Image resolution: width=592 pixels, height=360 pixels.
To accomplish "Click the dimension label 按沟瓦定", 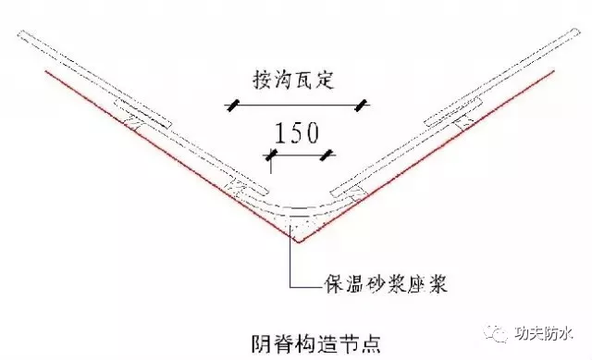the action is (293, 81).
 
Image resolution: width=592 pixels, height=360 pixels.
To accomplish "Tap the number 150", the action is (296, 133).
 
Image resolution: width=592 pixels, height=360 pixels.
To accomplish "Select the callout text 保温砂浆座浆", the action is (386, 283).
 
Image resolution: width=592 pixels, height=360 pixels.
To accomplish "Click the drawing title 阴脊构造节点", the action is (315, 343).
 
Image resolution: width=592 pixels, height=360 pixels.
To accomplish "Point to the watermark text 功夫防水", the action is (544, 333).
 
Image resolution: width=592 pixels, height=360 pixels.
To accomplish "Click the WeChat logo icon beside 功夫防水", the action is (496, 333).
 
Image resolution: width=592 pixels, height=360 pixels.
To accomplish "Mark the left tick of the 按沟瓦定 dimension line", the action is (232, 105).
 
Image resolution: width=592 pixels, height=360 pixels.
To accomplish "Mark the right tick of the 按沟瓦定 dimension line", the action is (361, 105).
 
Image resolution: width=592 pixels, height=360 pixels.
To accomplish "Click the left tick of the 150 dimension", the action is (271, 155).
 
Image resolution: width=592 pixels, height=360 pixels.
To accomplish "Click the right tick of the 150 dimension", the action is (327, 155).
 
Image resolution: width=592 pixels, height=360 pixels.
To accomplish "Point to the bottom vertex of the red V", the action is (298, 242).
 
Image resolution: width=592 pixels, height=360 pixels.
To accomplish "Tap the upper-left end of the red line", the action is (46, 71).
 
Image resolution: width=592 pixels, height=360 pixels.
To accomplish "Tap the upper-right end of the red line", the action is (553, 70).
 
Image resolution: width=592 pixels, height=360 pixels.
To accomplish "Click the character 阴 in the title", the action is (261, 343).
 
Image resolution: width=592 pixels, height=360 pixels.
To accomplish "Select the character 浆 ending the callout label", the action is (438, 283).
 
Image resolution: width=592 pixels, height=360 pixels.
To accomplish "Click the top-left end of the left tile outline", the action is (18, 34).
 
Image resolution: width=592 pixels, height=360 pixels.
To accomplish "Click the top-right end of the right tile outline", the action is (577, 31).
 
